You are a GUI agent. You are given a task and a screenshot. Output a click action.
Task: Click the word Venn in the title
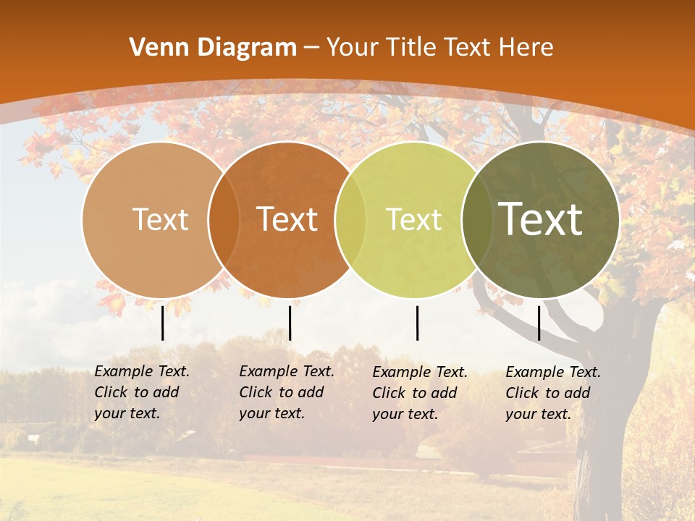(153, 48)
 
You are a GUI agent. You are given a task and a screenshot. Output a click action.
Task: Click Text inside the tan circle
(160, 219)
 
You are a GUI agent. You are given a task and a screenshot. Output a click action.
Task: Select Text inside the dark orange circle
(287, 219)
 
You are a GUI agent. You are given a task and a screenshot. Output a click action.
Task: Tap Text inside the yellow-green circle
(413, 219)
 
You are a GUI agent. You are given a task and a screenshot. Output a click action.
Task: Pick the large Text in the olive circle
(541, 219)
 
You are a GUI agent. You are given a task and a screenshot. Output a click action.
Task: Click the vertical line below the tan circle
(163, 323)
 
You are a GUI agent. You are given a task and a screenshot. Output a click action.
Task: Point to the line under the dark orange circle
(290, 323)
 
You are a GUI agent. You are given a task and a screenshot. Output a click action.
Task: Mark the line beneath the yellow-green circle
(418, 323)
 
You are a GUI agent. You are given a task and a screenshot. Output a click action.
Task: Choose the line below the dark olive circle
(539, 323)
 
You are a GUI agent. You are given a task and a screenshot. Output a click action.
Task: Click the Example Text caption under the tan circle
(142, 392)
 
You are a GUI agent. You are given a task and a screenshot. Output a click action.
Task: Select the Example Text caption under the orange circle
(287, 392)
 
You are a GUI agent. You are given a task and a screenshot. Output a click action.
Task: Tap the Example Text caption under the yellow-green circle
(420, 393)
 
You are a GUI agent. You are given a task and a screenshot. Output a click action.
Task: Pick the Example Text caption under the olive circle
(553, 393)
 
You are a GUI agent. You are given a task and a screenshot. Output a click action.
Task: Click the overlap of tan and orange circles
(224, 219)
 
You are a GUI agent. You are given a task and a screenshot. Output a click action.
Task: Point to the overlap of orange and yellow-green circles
(350, 219)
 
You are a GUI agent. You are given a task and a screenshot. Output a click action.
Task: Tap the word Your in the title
(353, 48)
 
